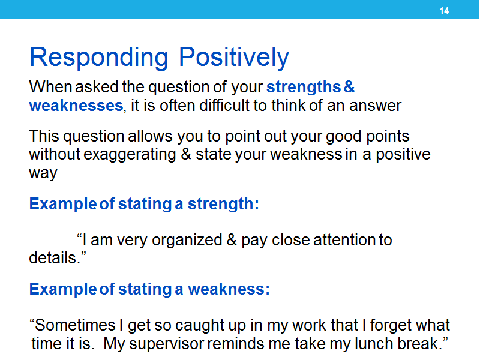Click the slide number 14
click(444, 11)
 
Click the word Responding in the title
click(99, 58)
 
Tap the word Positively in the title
click(234, 58)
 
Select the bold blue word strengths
click(304, 87)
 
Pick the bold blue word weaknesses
click(76, 106)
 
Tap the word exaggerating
click(130, 155)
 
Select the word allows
click(150, 136)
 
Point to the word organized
click(187, 241)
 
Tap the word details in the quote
click(52, 258)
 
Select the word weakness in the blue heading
click(229, 289)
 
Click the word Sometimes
click(75, 325)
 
